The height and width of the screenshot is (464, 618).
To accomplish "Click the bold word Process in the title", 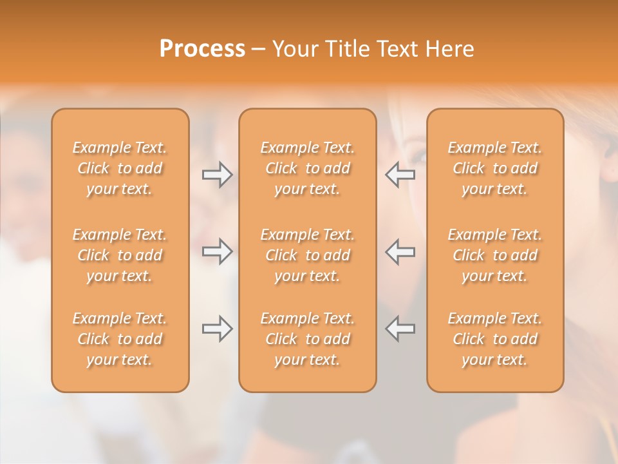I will click(x=202, y=49).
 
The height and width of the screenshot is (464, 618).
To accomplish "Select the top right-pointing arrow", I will click(x=217, y=175).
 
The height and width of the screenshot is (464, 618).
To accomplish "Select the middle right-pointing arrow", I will click(x=217, y=251).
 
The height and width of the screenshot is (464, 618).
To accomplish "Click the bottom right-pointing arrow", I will click(x=217, y=329).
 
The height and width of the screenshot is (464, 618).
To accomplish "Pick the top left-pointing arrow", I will click(x=400, y=175).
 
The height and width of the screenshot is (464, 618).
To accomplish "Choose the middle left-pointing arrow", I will click(x=400, y=251).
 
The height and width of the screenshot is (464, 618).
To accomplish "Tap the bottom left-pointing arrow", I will click(x=400, y=329).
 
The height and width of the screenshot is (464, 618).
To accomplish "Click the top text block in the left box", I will click(x=120, y=168).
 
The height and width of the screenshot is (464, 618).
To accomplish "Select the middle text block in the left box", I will click(x=120, y=255).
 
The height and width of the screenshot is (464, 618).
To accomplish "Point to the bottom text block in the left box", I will click(x=120, y=339).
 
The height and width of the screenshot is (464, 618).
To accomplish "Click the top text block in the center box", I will click(x=307, y=168).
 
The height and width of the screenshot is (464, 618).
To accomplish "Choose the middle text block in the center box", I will click(x=307, y=255).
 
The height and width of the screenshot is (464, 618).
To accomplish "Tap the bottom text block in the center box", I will click(x=307, y=339).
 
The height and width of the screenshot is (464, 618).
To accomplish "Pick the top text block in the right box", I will click(x=494, y=168).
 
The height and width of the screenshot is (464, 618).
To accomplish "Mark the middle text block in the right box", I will click(x=494, y=255).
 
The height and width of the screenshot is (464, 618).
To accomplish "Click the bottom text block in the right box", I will click(x=494, y=339).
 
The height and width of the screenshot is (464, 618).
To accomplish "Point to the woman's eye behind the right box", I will click(x=420, y=157).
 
